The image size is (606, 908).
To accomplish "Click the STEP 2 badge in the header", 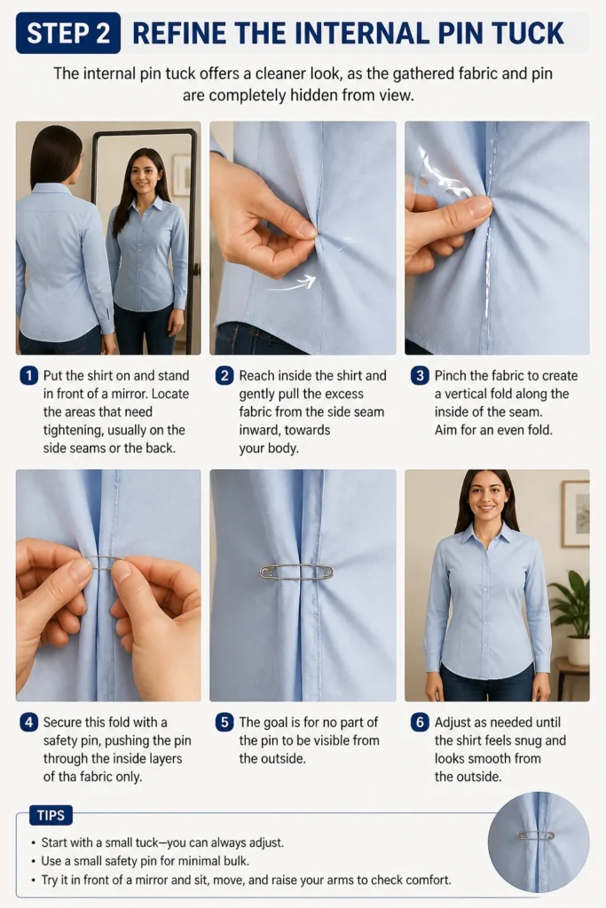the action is tap(68, 33).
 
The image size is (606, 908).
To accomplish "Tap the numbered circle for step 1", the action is tap(29, 376).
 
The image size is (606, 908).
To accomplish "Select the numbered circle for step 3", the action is tap(420, 376).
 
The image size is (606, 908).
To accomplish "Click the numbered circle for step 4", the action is tap(29, 722).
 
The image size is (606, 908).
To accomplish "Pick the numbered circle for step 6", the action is tap(420, 722).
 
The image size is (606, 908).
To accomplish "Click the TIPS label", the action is tap(51, 816).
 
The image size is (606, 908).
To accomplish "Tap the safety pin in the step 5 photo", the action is tap(296, 572).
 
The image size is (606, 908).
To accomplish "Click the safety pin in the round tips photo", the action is tap(535, 835).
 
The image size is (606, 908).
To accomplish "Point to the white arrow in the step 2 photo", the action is tap(291, 284).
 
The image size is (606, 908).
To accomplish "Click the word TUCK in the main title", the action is tap(523, 33).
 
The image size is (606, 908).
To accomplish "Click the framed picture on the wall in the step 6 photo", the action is tap(575, 514).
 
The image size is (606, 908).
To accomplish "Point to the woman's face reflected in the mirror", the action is tap(143, 173).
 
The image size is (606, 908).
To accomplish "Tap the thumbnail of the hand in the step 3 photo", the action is tap(477, 207).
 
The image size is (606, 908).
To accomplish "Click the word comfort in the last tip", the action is tap(428, 880).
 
